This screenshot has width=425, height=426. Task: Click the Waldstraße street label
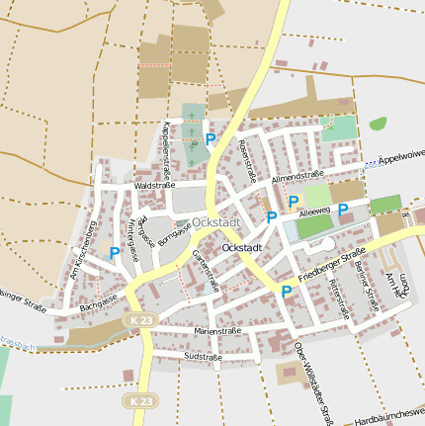point(154,185)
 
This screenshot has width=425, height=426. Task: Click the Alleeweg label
point(312,212)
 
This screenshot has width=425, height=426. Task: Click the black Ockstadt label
point(243,246)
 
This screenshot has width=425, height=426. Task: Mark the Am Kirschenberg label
point(86,253)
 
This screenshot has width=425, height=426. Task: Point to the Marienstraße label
point(218,331)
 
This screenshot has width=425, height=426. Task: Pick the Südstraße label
point(203,356)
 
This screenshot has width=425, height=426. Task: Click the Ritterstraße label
point(340,298)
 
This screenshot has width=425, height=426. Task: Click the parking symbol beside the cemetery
point(211,140)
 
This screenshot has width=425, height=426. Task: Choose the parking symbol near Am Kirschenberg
point(115,253)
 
